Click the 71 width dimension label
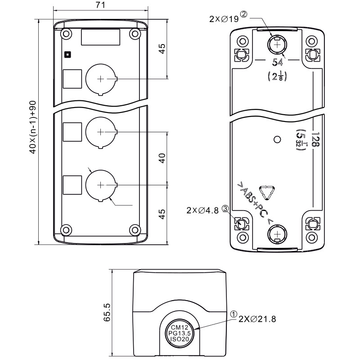pos(101,5)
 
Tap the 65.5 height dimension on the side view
pos(107,312)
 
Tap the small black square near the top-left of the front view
pos(67,54)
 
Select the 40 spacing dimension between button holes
pos(162,158)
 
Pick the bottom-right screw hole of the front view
pos(134,229)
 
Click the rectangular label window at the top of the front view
pos(100,37)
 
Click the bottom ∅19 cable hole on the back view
pos(276,234)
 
